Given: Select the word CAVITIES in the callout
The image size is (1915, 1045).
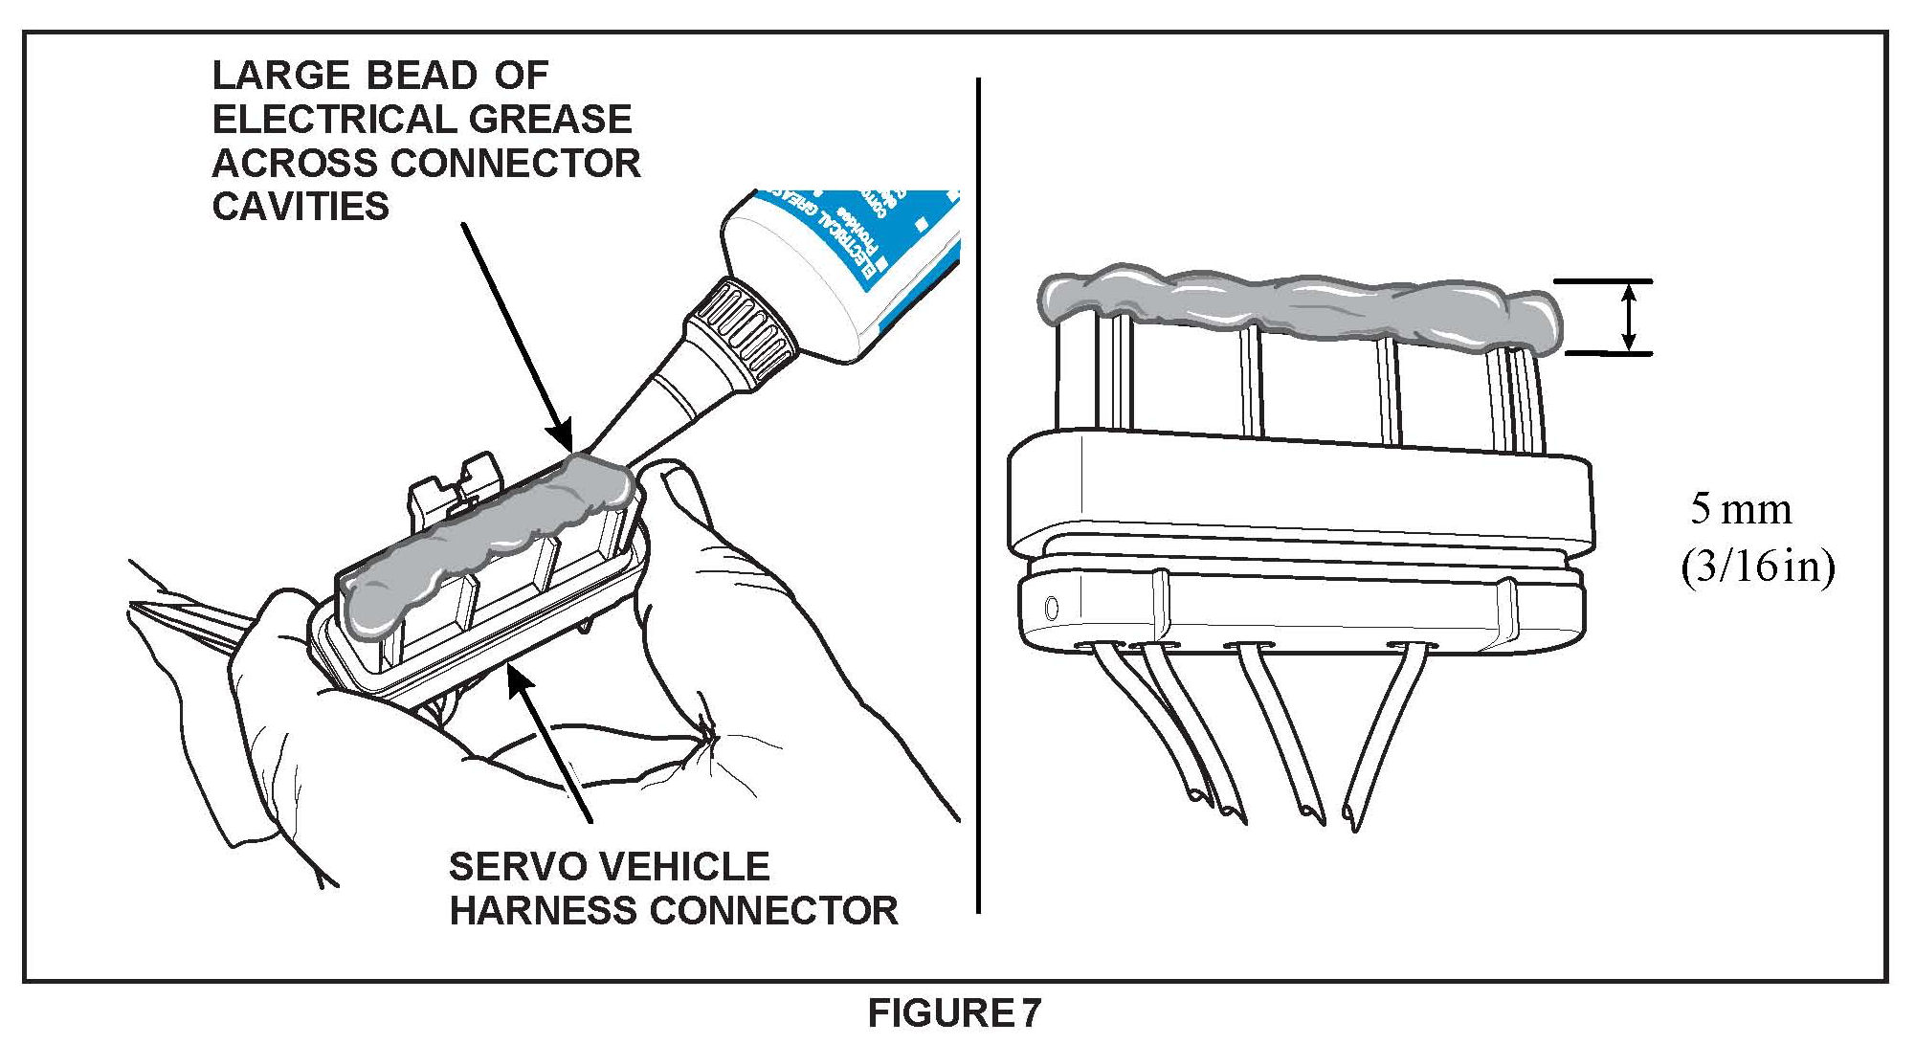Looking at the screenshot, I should [301, 207].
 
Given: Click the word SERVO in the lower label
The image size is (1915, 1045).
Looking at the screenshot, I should [506, 867].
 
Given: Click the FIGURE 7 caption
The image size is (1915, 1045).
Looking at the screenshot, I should [954, 1012].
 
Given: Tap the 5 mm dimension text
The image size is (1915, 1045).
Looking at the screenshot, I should [1741, 509].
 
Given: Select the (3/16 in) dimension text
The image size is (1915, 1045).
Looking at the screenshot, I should [1758, 568].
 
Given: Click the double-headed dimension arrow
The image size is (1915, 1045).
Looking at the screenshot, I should [1631, 319].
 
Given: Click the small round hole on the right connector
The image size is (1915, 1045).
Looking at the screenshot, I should [1052, 607].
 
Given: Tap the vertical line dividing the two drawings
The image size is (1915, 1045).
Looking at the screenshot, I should [978, 498].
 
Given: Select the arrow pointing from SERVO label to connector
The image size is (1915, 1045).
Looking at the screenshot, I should [550, 746].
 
